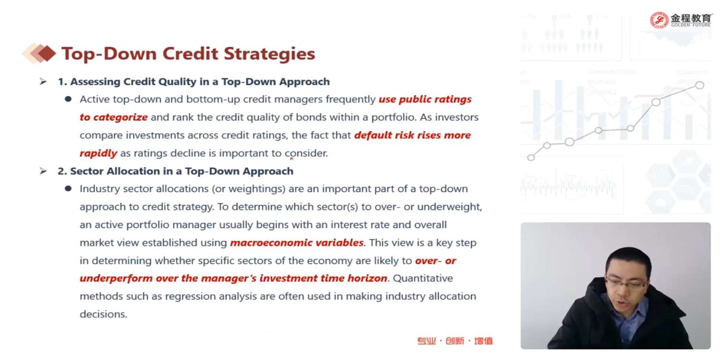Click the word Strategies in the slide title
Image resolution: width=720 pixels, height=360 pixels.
pos(269,54)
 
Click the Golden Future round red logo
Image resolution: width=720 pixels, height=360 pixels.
pos(659,20)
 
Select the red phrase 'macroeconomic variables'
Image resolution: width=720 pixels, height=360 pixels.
pos(297,242)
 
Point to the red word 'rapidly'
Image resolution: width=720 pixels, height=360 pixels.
pos(98,153)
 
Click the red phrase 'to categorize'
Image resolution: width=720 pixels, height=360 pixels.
pos(114,117)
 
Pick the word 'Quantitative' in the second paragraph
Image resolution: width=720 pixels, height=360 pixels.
pos(423,278)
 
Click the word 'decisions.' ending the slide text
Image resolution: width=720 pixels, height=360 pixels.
pos(104,314)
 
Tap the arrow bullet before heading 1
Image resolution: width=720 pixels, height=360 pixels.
pos(43,82)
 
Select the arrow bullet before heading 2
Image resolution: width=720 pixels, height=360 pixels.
pos(43,171)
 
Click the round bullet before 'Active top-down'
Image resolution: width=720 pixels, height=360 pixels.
pos(68,99)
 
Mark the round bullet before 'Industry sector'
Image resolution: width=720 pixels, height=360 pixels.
pos(68,188)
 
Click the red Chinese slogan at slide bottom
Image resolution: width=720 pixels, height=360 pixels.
pos(455,341)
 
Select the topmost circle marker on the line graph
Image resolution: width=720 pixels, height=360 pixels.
pos(700,85)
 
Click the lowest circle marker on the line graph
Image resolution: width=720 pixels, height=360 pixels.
pos(531,157)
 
